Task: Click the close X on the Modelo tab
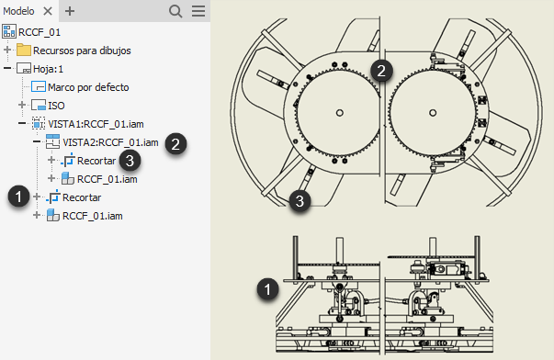(x=48, y=11)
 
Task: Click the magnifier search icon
(x=175, y=11)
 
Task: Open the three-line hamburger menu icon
(x=198, y=11)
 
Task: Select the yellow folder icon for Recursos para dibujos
(x=24, y=50)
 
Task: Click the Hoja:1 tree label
(x=48, y=69)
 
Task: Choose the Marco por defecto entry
(x=88, y=87)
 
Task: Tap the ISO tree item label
(x=56, y=106)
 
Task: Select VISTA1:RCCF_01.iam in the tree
(x=96, y=124)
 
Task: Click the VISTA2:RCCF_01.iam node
(x=110, y=142)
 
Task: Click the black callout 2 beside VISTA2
(x=175, y=144)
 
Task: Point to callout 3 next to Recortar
(x=130, y=161)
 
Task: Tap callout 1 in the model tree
(x=19, y=197)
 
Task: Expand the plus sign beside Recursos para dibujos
(x=7, y=50)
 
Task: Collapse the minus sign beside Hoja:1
(x=7, y=68)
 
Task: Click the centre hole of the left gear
(x=340, y=113)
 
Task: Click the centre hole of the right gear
(x=433, y=113)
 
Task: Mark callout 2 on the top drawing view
(x=381, y=71)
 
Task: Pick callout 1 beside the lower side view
(x=268, y=289)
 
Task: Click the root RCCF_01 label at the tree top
(x=40, y=32)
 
